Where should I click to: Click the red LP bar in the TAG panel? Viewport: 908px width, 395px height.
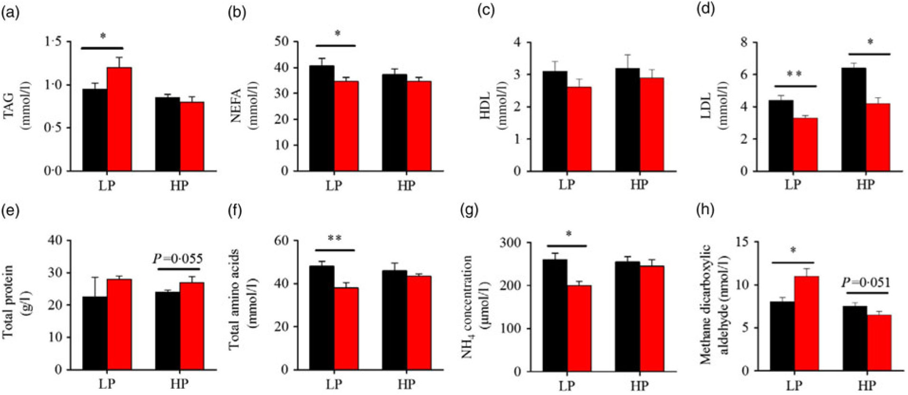click(119, 119)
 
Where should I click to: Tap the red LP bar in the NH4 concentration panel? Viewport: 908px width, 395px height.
click(579, 328)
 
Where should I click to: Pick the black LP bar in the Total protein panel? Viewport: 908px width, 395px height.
click(95, 332)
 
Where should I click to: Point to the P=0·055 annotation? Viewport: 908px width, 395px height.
click(178, 259)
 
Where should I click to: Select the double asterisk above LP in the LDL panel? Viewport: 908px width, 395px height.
click(795, 75)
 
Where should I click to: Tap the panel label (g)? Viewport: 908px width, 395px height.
click(470, 210)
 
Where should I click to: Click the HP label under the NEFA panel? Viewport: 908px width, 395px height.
click(406, 185)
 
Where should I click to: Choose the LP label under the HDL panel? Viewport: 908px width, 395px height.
click(567, 185)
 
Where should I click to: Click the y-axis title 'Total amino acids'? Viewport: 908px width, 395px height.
click(234, 299)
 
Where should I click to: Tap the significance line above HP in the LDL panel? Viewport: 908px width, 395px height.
click(870, 54)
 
